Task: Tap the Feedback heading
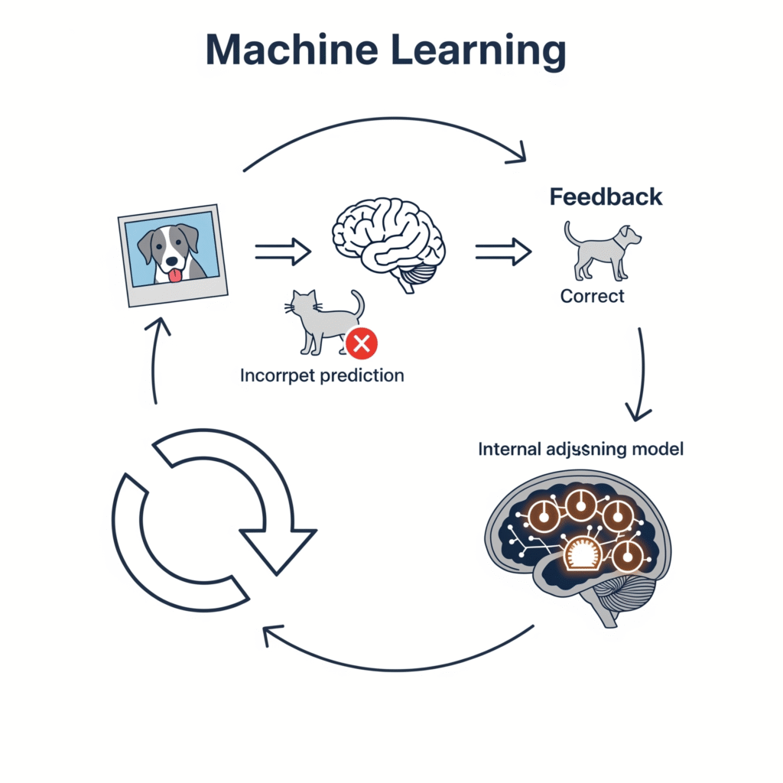tap(606, 197)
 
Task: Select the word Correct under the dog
tap(592, 296)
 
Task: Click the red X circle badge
tap(361, 344)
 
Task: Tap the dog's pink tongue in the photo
tap(175, 275)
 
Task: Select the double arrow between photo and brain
tap(282, 251)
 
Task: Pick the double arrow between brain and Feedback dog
tap(503, 251)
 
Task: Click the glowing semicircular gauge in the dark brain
tap(583, 553)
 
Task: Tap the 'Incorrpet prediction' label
tap(321, 375)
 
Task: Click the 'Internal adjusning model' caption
tap(580, 449)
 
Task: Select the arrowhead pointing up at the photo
tap(157, 327)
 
